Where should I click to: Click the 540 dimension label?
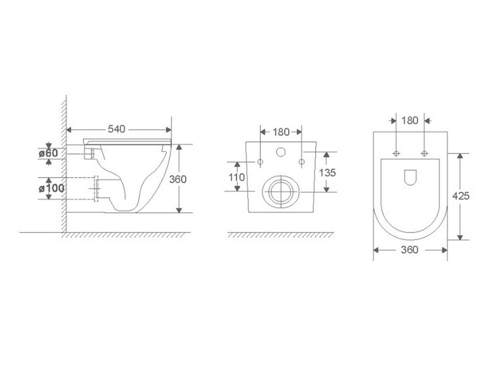click(x=116, y=129)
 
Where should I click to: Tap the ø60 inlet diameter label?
click(x=48, y=153)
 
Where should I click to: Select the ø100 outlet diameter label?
click(x=51, y=188)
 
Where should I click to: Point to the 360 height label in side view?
click(x=178, y=179)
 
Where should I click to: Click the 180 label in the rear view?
click(x=281, y=132)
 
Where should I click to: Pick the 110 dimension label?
click(x=237, y=178)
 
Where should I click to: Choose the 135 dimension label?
click(x=327, y=173)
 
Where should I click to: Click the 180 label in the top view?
click(x=410, y=121)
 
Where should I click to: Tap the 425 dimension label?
click(x=461, y=196)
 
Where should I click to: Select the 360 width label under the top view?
click(x=410, y=250)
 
